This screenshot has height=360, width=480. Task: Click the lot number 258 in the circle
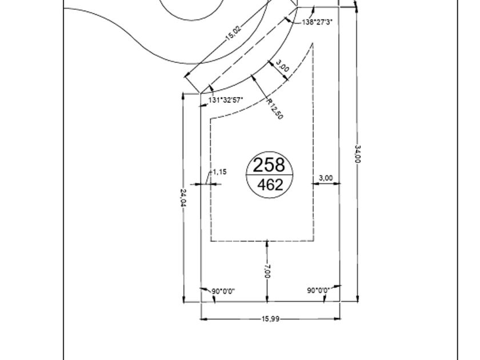269,165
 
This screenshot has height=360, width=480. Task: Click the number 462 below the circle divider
270,185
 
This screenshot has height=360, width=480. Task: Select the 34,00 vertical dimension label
358,154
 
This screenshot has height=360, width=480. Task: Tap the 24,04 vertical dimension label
183,198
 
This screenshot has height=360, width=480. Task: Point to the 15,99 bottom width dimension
271,319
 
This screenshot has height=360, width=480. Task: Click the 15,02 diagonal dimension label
234,33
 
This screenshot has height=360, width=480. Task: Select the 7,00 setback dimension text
267,271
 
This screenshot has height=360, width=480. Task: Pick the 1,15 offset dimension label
219,172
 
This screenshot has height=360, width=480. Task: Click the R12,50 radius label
275,109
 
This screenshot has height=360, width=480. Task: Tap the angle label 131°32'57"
226,100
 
